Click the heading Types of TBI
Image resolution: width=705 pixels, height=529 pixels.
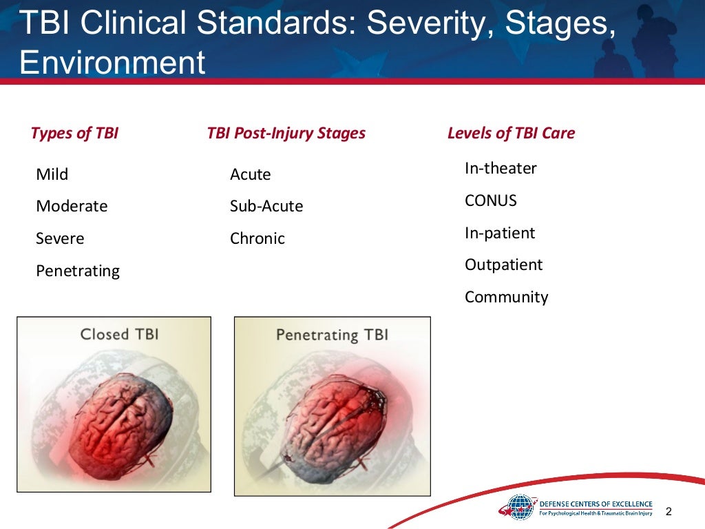74,133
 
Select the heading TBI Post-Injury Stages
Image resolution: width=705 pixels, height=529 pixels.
286,133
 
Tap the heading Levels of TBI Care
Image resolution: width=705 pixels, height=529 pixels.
511,133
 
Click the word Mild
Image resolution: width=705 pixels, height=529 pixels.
52,174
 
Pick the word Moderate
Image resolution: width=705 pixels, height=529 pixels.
72,206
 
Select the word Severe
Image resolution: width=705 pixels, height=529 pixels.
60,238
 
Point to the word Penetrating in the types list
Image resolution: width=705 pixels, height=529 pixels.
78,271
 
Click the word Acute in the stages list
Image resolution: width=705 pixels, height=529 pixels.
251,174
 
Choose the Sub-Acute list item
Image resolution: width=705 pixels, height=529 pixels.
266,206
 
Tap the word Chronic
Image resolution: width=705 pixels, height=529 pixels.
257,238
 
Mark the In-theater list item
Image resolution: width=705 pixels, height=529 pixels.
501,168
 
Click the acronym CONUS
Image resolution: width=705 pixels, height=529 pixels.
491,200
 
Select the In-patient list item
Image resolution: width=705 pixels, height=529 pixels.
500,233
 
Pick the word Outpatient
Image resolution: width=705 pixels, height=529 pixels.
504,264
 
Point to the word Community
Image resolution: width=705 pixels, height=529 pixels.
507,297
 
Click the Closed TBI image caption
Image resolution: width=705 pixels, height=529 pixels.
119,334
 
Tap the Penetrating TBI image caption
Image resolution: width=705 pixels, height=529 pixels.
332,335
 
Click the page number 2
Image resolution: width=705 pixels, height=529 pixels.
668,511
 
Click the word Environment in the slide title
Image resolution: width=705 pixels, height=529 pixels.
112,62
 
